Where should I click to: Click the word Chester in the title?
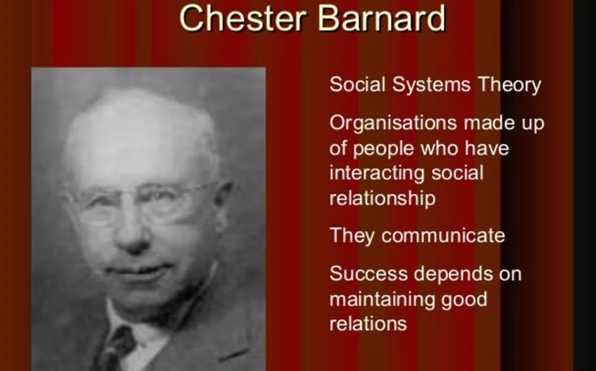(243, 18)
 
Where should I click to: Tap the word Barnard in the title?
(381, 18)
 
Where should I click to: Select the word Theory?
(510, 85)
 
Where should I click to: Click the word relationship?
(383, 199)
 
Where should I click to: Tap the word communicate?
(443, 236)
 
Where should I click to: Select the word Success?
(368, 273)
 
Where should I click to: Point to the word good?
(464, 300)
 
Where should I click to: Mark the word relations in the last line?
(368, 324)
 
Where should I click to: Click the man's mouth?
(137, 271)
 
